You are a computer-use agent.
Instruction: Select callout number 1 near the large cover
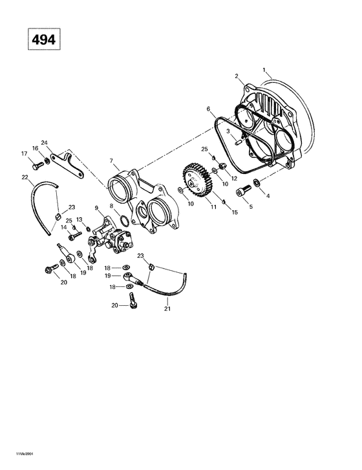(x=263, y=69)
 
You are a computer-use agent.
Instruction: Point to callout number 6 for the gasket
(x=208, y=109)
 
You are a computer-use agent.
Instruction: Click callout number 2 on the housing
(x=237, y=76)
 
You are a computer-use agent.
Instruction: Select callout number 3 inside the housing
(x=228, y=131)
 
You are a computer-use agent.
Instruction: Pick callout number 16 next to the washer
(x=36, y=148)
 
